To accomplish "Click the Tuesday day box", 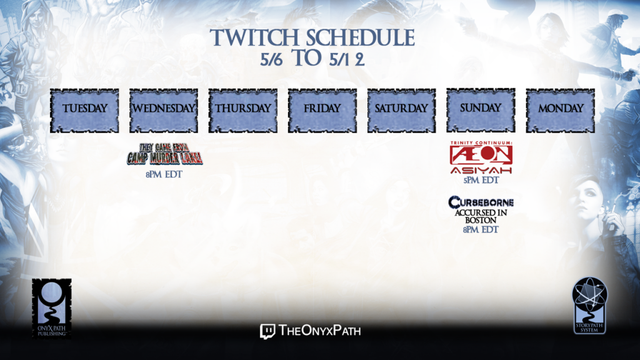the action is (84, 111).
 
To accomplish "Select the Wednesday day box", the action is (164, 111).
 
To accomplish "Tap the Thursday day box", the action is (243, 111).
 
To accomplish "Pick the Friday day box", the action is (322, 111).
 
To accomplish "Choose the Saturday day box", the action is (402, 111).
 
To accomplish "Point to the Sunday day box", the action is (481, 110).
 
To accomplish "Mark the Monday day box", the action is (560, 111).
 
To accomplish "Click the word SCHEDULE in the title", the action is (361, 38).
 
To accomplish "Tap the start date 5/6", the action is (271, 60).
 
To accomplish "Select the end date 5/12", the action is (347, 60).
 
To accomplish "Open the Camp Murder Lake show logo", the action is (165, 154).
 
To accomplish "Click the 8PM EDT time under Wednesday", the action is (164, 174).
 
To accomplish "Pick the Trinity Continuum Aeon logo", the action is (481, 157).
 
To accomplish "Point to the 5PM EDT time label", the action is (481, 180).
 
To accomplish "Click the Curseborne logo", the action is (481, 202).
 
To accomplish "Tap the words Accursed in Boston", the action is (481, 216).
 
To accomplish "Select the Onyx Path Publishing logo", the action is (52, 309).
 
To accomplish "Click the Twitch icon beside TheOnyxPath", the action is (267, 331).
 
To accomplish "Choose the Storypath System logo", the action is (589, 305).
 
